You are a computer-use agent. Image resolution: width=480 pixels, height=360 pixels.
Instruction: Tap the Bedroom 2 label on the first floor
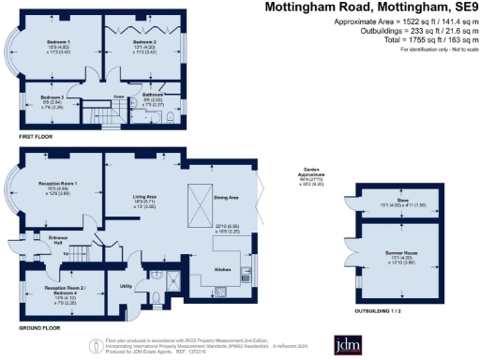click(x=143, y=42)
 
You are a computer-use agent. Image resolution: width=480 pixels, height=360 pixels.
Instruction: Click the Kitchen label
click(x=223, y=269)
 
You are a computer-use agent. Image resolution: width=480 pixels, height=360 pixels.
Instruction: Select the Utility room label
click(x=126, y=285)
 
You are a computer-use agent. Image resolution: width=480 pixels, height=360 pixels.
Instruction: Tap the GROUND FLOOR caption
click(x=38, y=329)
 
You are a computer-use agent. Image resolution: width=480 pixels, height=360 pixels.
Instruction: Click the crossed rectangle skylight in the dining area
click(x=199, y=199)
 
